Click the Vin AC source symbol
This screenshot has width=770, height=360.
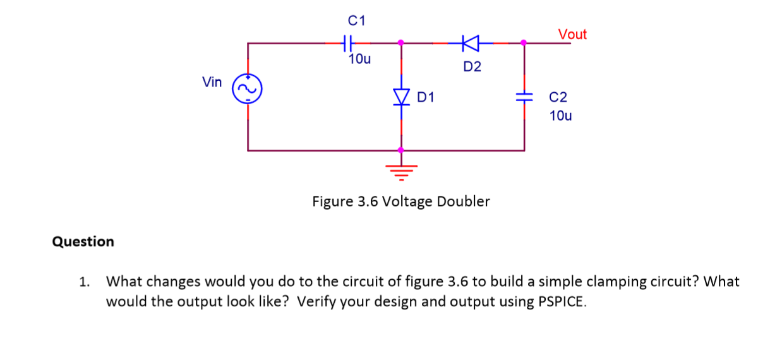coord(247,91)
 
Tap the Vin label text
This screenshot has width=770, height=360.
coord(212,81)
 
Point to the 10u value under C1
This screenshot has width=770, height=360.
coord(359,60)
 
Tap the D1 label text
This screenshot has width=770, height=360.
coord(426,97)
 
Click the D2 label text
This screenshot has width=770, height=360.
coord(472,66)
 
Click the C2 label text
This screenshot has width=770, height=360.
coord(558,97)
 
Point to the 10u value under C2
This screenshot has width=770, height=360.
coord(562,116)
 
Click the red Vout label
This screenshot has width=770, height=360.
coord(572,34)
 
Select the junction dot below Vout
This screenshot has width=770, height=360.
coord(523,43)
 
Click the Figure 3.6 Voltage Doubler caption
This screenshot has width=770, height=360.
coord(401,201)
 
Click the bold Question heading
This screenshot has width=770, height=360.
coord(83,241)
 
